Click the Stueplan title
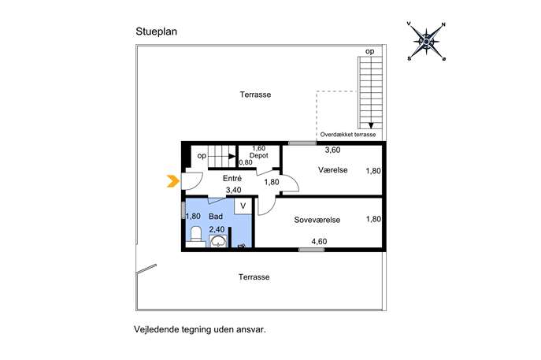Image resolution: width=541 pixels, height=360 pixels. tap(156, 32)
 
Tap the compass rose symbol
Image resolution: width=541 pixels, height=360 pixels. tap(427, 42)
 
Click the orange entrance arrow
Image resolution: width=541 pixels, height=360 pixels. tap(173, 181)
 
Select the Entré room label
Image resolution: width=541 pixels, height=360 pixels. tap(232, 179)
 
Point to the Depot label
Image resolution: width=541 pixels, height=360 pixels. tap(259, 156)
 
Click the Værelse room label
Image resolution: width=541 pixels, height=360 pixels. tap(333, 170)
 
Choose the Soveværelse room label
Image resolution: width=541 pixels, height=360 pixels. tap(317, 220)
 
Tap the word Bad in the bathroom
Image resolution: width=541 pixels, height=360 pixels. tap(216, 217)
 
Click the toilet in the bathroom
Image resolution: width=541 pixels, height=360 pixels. tap(196, 236)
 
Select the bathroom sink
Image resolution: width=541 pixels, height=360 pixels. tap(218, 241)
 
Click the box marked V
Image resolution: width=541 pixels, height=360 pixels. tap(243, 206)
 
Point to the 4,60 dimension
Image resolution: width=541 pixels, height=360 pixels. tap(319, 241)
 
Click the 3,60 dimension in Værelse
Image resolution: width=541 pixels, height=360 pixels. tap(333, 150)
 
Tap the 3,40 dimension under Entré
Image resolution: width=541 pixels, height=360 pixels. tap(234, 190)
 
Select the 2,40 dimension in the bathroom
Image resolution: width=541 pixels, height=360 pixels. tap(217, 229)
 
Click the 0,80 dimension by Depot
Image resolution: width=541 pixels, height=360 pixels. tap(246, 162)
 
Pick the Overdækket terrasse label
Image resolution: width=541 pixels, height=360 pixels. tap(348, 135)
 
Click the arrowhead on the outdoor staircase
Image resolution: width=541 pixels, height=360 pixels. tap(371, 125)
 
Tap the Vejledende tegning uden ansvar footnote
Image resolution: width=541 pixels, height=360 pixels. tap(200, 329)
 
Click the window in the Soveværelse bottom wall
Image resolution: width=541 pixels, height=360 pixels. tap(312, 250)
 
